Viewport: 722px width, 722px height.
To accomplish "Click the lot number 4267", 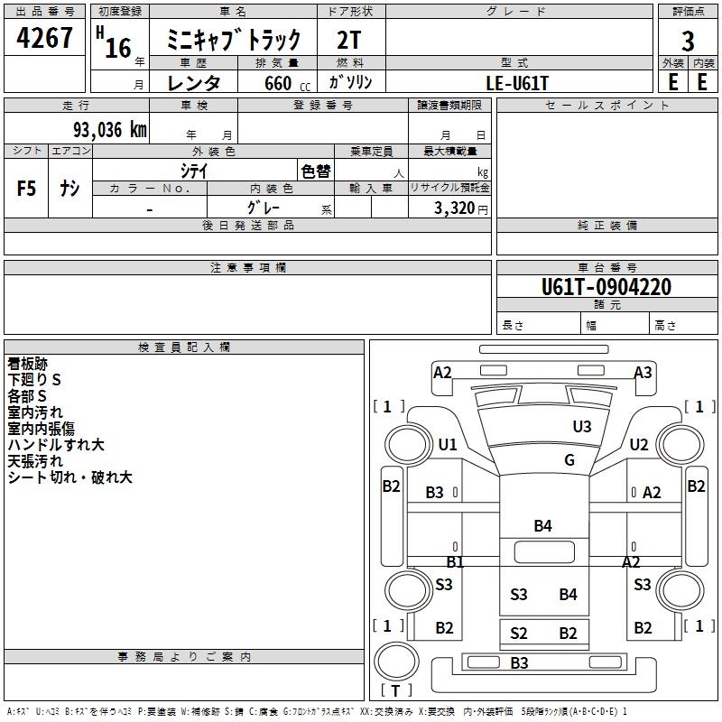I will click(45, 38).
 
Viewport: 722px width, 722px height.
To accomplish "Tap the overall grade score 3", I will click(688, 41).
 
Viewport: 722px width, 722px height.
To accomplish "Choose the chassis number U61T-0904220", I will click(606, 287).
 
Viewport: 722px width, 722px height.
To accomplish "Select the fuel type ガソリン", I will click(351, 82).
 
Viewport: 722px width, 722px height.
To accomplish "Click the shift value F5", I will click(27, 189).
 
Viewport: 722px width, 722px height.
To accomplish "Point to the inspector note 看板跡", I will click(28, 364).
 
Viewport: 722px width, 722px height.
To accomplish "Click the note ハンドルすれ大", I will click(56, 445).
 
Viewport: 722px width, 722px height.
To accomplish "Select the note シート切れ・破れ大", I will click(70, 477).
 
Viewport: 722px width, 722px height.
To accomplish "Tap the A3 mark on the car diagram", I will click(643, 373).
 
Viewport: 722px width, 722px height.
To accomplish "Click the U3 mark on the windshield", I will click(582, 426).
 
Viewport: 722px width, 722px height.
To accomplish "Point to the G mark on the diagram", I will click(569, 459).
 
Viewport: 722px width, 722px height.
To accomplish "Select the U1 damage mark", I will click(448, 444).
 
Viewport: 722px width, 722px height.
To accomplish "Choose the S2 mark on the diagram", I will click(518, 634).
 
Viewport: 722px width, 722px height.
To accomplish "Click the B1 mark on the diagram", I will click(455, 561).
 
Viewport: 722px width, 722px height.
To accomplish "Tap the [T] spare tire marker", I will click(397, 690).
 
